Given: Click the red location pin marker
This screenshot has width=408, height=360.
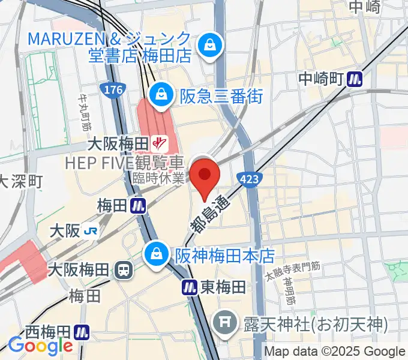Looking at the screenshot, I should pos(205,178).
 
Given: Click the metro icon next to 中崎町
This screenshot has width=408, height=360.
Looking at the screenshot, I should pos(358,79).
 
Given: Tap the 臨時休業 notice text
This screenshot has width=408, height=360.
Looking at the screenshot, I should pos(157,178).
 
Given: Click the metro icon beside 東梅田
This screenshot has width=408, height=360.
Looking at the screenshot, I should pos(190,287).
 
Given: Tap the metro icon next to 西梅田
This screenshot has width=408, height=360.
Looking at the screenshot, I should pos(83,332).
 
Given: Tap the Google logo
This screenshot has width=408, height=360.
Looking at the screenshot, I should pos(40,346).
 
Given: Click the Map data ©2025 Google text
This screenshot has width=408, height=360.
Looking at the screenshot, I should pos(335,352).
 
